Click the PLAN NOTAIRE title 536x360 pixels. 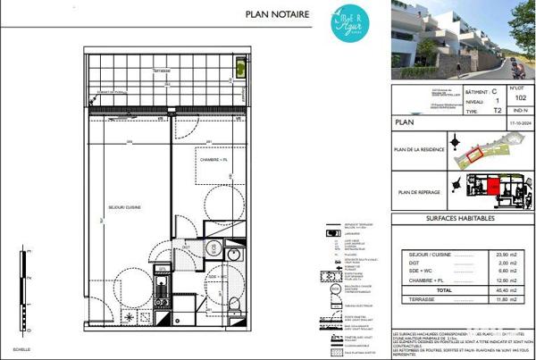276,14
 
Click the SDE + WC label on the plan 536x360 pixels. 220,277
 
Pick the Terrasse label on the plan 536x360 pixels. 162,70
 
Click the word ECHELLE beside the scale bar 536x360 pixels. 21,347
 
